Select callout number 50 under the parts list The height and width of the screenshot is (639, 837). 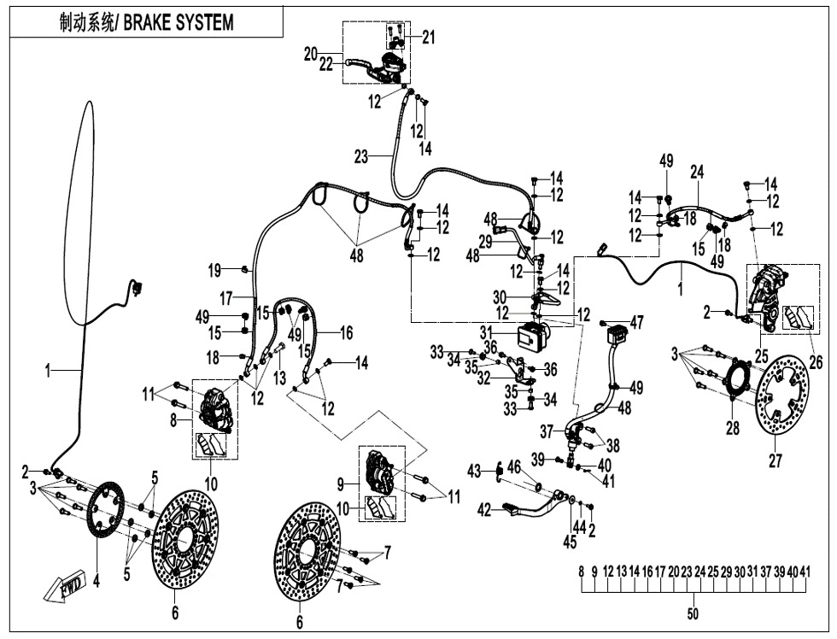[x=692, y=614]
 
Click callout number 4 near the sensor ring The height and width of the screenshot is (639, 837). [x=97, y=583]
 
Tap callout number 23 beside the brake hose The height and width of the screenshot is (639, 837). [x=361, y=156]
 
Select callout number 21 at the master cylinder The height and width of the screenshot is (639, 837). [x=428, y=36]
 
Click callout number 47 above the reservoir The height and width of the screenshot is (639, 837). [x=636, y=322]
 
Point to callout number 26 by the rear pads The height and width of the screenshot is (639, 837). [x=816, y=362]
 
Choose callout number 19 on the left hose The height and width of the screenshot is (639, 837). [x=214, y=271]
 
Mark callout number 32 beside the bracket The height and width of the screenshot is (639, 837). [x=483, y=377]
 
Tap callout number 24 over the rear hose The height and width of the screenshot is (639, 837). [x=696, y=172]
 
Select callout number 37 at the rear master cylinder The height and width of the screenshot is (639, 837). [x=547, y=431]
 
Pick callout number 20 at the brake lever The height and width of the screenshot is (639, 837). [x=310, y=53]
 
